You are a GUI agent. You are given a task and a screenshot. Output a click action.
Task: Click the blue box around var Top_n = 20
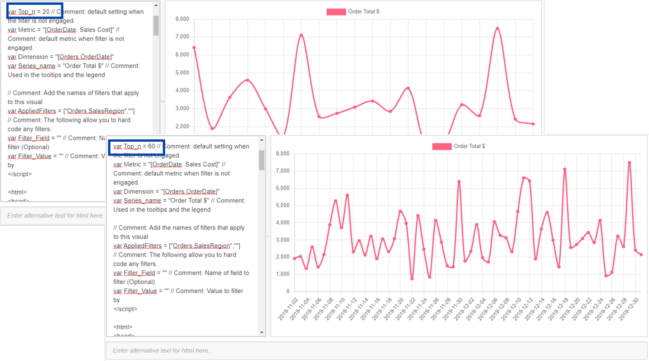pos(35,11)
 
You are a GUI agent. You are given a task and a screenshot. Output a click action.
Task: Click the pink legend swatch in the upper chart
pos(336,12)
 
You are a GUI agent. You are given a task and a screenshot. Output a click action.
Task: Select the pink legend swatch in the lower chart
pos(442,147)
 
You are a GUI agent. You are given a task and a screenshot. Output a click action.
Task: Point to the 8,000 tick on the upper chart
pos(182,19)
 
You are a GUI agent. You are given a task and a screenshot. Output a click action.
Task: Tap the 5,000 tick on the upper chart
pos(182,73)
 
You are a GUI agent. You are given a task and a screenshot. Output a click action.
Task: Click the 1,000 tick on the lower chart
pos(283,274)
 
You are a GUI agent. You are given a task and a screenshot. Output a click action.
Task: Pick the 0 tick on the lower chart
pos(288,291)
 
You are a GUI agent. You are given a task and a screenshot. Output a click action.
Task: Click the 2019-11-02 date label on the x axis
pos(288,309)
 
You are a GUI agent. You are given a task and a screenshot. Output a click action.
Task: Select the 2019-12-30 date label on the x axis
pos(629,309)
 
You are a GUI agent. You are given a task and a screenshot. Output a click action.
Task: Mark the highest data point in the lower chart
pos(630,163)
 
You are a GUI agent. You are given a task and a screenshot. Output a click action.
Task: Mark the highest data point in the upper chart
pos(498,29)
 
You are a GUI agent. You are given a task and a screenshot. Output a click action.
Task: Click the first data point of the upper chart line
pos(194,48)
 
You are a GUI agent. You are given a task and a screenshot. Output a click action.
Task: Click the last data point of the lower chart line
pos(641,255)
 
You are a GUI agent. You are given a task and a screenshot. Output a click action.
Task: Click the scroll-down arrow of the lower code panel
pos(262,332)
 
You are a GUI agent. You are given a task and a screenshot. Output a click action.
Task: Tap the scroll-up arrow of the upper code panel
pos(156,6)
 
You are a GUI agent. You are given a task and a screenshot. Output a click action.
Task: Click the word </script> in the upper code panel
pos(19,174)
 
